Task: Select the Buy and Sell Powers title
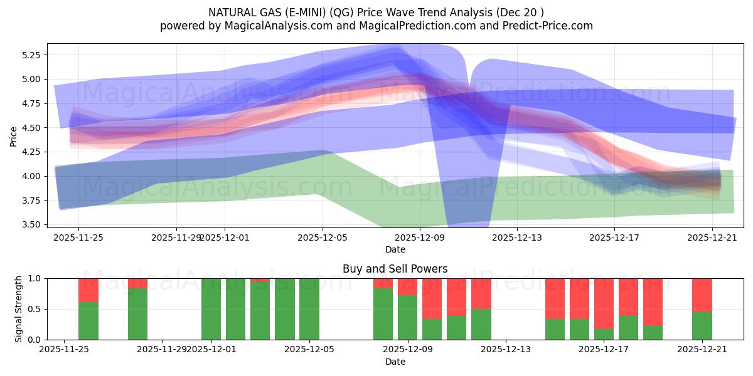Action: tap(395, 269)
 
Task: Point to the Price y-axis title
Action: tap(14, 135)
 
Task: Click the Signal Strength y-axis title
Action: tap(19, 308)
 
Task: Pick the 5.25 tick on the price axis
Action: tap(30, 55)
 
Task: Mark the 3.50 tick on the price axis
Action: tap(30, 224)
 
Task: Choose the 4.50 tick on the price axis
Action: tap(30, 128)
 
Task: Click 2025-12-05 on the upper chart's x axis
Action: tap(323, 238)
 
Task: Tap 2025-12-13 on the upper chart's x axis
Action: tap(516, 238)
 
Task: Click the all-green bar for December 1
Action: tap(211, 309)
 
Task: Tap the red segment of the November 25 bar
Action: tap(88, 290)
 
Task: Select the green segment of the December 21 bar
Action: tap(702, 326)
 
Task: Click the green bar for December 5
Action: tap(309, 309)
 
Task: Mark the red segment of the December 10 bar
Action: tap(432, 298)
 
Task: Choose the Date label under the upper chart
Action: tap(395, 249)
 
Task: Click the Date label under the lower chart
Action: tap(395, 362)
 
